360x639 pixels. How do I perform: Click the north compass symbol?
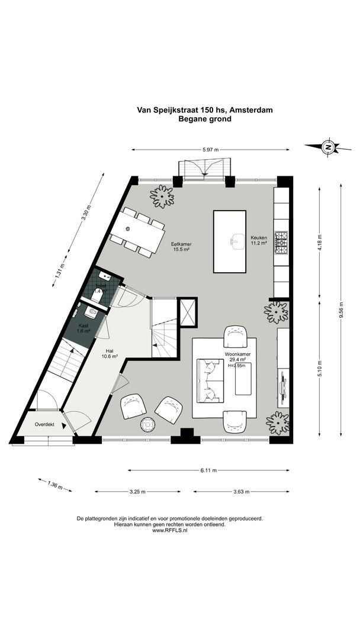pos(327,147)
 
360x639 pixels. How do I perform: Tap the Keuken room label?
pos(259,239)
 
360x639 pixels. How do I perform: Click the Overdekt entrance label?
pos(44,425)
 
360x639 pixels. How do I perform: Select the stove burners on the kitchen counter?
pos(281,243)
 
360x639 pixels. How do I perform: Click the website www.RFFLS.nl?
pos(169,531)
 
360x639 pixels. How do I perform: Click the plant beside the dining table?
pos(162,196)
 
